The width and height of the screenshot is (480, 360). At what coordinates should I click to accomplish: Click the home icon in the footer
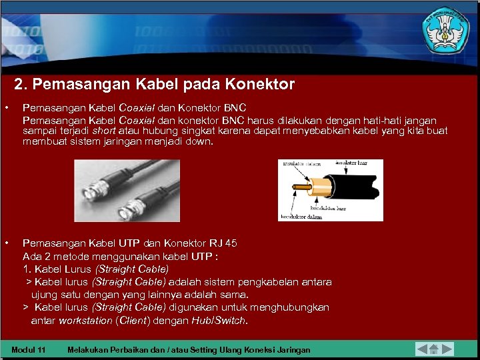pos(433,349)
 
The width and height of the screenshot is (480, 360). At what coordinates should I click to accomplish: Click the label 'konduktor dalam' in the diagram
pos(297,216)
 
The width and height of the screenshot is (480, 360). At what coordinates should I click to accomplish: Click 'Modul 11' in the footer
pos(29,350)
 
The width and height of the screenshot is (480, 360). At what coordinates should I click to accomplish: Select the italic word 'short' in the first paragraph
pos(103,131)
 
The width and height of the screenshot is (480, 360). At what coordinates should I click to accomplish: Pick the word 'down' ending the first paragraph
pos(200,142)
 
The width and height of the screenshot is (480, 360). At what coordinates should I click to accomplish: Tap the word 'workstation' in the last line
pos(85,321)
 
